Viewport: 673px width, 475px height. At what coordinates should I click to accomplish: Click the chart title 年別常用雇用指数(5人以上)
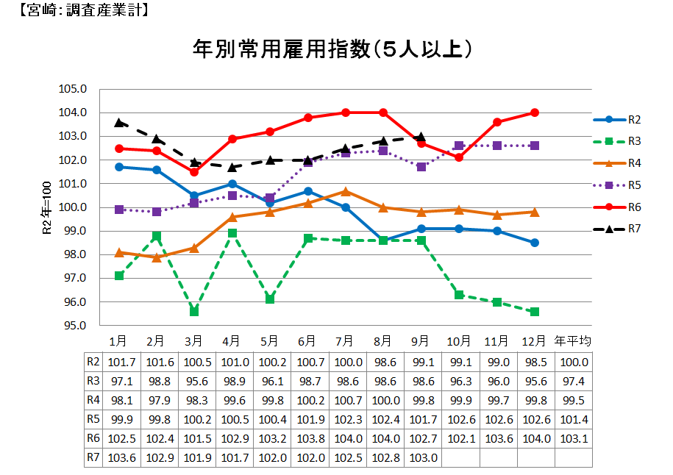(x=332, y=49)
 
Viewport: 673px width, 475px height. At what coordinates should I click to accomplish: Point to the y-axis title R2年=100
(x=46, y=208)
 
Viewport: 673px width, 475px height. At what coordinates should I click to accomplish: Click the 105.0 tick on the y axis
(x=74, y=89)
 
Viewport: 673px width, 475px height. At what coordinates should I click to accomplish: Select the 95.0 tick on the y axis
(x=74, y=326)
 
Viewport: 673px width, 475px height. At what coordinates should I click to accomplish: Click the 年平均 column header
(x=573, y=342)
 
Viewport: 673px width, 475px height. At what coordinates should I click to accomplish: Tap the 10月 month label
(x=459, y=342)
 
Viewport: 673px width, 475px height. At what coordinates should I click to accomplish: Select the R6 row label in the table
(x=93, y=438)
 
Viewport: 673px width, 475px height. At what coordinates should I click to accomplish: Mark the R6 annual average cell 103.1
(x=573, y=438)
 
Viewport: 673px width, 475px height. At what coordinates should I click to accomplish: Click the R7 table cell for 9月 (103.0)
(x=421, y=457)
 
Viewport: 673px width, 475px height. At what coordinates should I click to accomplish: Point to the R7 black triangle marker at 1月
(x=118, y=123)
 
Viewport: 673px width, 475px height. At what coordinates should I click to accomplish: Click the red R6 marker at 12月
(x=535, y=113)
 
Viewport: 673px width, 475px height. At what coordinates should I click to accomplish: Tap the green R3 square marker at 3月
(x=194, y=312)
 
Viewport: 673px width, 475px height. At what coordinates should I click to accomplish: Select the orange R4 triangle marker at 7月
(x=346, y=191)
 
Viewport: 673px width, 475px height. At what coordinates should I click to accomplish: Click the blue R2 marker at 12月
(x=535, y=243)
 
